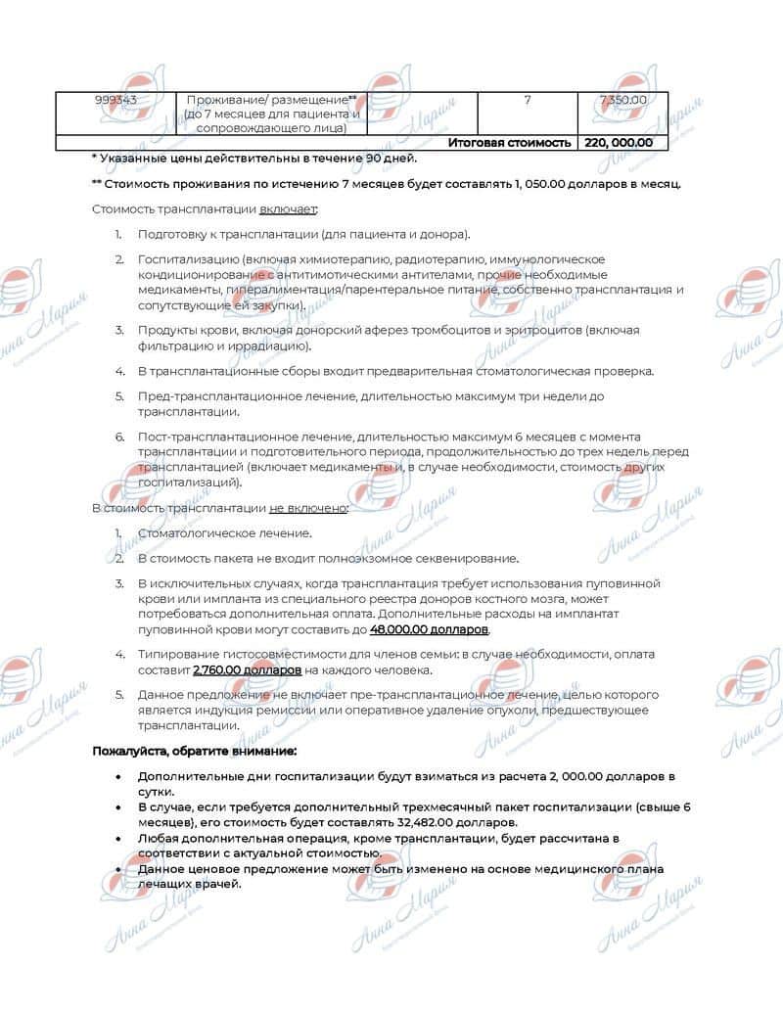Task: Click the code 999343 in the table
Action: pyautogui.click(x=115, y=100)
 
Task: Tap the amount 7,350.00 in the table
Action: pyautogui.click(x=622, y=100)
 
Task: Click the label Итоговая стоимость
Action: pyautogui.click(x=509, y=143)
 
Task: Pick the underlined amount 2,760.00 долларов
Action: pyautogui.click(x=248, y=670)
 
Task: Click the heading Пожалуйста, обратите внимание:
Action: pyautogui.click(x=193, y=751)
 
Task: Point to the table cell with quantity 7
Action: pyautogui.click(x=528, y=100)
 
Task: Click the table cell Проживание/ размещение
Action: pyautogui.click(x=271, y=100)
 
